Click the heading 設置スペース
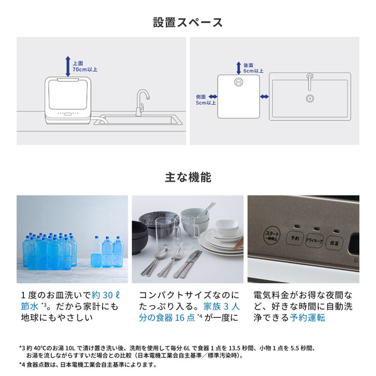tap(188, 23)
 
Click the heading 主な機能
tap(188, 177)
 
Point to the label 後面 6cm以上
tap(253, 68)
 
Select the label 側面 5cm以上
tap(206, 98)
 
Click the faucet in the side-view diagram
tap(142, 100)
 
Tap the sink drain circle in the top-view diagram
tap(308, 98)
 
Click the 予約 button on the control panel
tap(296, 238)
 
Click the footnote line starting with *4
tap(87, 365)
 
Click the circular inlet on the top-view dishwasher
tap(238, 82)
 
